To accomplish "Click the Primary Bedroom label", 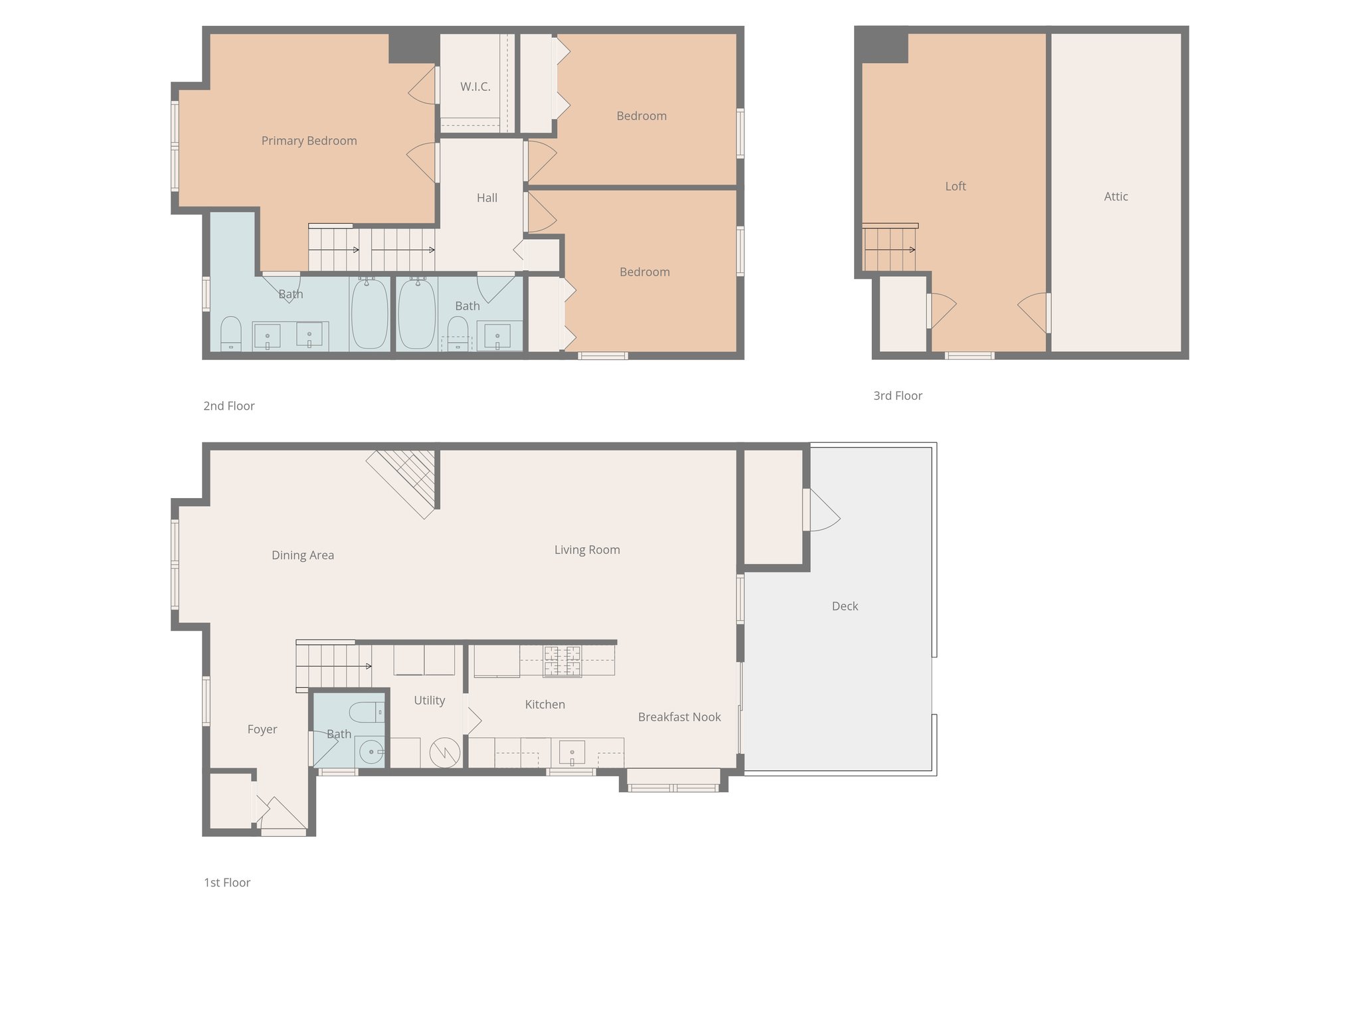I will point(309,141).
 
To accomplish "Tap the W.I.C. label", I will point(475,87).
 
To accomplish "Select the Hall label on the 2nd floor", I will point(487,198).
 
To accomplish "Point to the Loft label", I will point(955,187).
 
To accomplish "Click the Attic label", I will point(1116,197).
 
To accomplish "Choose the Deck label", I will point(845,606).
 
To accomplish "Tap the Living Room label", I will point(587,550).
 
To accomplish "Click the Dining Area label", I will point(303,555).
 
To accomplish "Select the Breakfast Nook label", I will point(679,717).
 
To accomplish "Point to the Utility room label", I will point(429,701).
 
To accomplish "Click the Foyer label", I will point(262,729).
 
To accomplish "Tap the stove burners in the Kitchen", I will point(562,661).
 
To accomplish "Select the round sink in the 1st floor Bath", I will point(370,752).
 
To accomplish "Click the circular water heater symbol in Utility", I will point(445,752).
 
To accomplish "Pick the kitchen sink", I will point(572,753).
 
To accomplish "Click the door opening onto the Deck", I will point(821,511).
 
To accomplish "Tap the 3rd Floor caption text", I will point(898,396).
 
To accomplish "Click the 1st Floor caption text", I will point(227,883).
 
